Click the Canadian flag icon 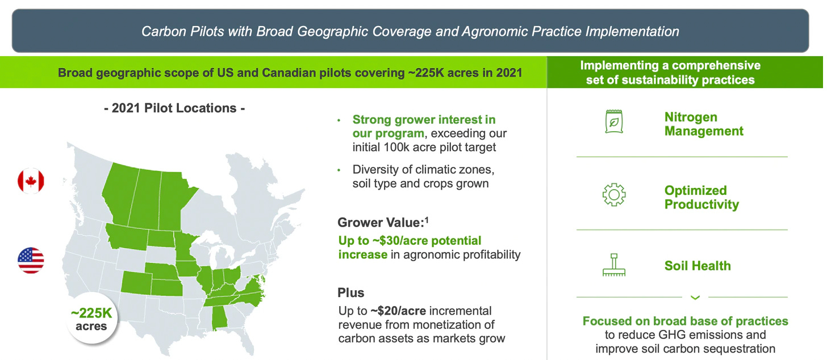pos(31,181)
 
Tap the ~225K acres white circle pos(91,320)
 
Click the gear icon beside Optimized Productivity pos(613,195)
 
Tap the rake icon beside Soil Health pos(613,265)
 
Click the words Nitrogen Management pos(703,124)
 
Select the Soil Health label pos(697,266)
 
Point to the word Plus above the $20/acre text pos(350,293)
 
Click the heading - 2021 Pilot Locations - pos(174,108)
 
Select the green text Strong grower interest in pos(424,120)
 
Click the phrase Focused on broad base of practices pos(685,321)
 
